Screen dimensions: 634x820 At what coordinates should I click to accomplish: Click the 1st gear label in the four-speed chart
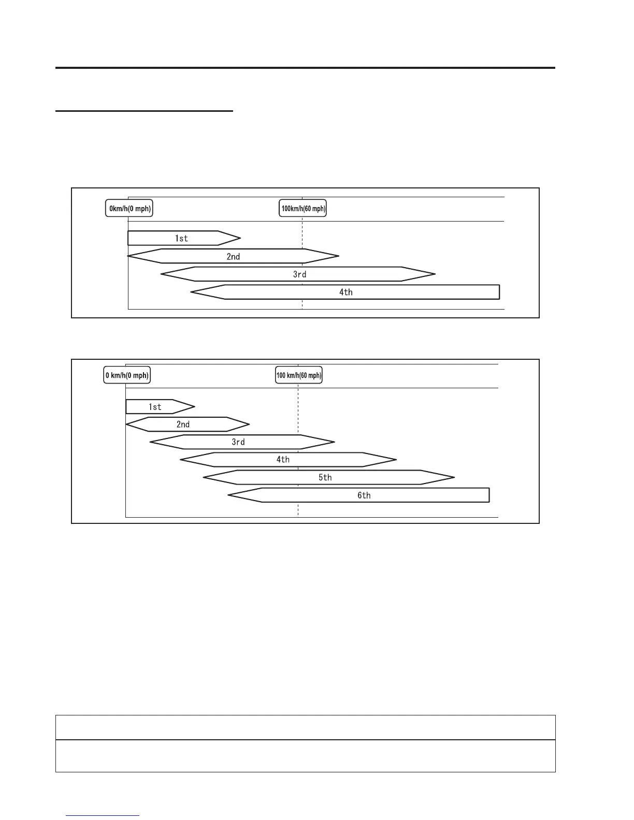[x=181, y=238]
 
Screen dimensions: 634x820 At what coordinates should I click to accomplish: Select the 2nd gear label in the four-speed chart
[x=233, y=256]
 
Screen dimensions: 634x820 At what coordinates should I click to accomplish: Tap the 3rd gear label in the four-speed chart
[x=299, y=274]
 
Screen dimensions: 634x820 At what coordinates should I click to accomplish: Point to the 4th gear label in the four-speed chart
[x=345, y=292]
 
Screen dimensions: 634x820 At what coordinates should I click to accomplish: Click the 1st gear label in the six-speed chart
[x=155, y=407]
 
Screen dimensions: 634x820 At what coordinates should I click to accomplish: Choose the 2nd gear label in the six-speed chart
[x=183, y=424]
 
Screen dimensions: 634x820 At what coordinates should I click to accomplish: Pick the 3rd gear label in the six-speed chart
[x=238, y=442]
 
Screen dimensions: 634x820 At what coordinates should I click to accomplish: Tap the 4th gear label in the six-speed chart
[x=283, y=460]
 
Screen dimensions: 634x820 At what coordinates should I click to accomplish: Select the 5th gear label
[x=325, y=477]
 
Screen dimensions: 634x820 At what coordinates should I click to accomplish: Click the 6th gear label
[x=364, y=495]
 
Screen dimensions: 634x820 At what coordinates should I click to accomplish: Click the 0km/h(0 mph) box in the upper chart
[x=129, y=209]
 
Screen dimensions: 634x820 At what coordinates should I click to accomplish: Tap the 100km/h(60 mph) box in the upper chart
[x=303, y=209]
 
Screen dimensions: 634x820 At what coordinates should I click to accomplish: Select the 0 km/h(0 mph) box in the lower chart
[x=127, y=375]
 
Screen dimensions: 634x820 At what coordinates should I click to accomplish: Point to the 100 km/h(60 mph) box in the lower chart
[x=299, y=375]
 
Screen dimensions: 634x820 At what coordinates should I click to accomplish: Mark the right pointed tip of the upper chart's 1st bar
[x=240, y=238]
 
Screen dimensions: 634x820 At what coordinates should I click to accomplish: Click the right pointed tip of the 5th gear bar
[x=454, y=477]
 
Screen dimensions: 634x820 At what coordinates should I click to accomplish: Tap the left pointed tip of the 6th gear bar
[x=229, y=495]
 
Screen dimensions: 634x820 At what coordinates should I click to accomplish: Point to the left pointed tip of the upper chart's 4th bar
[x=192, y=292]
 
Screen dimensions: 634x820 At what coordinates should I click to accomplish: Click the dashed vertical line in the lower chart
[x=298, y=507]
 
